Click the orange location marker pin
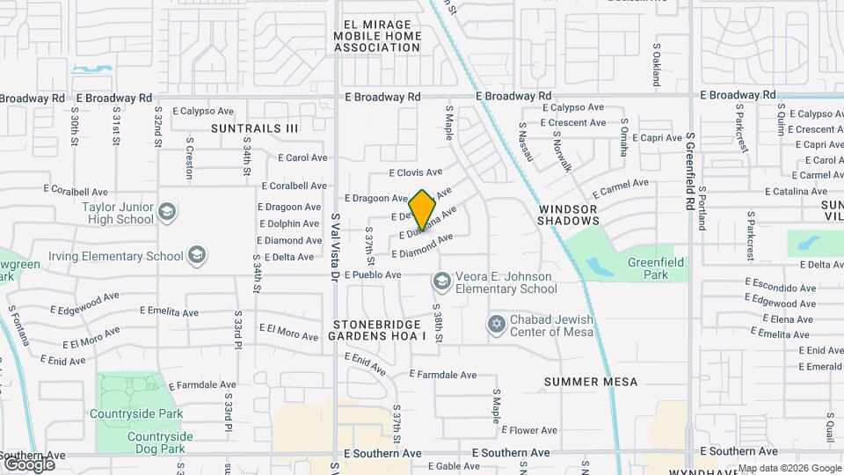coord(423,210)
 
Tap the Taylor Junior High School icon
coord(167,212)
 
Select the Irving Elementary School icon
coord(198,256)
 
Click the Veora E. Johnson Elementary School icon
coord(441,281)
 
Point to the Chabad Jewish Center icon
coord(497,325)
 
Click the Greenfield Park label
coord(655,268)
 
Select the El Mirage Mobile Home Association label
coord(377,35)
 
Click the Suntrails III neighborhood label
coord(255,128)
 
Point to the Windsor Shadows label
coord(568,215)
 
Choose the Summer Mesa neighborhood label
coord(590,382)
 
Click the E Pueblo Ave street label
coord(373,274)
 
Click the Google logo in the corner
coord(29,464)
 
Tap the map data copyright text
coord(789,468)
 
